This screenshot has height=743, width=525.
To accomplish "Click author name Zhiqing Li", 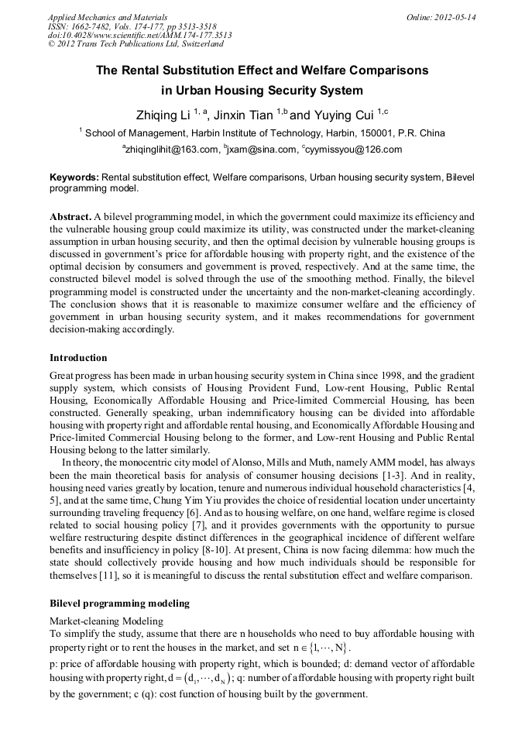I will click(x=163, y=115).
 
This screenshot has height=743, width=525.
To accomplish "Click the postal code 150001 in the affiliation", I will click(x=383, y=133).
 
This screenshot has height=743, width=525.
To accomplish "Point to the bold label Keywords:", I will click(x=74, y=177).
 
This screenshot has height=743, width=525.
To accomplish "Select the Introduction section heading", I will click(x=78, y=358).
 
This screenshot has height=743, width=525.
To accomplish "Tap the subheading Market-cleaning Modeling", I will click(x=106, y=621).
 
